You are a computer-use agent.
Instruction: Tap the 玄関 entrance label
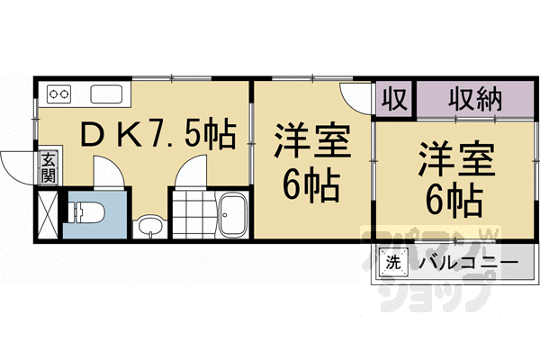(x=46, y=167)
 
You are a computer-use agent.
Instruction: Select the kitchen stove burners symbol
(x=59, y=93)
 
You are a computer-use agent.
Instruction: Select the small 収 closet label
(x=394, y=97)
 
